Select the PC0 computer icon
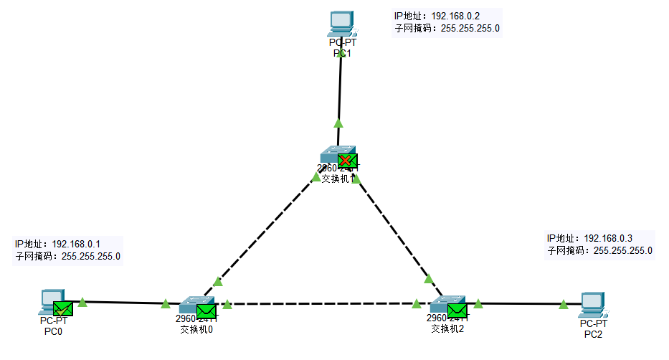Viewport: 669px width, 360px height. coord(52,301)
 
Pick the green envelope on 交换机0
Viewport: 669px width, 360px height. coord(207,311)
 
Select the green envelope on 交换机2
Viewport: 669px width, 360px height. coord(457,311)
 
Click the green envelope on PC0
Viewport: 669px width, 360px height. coord(63,309)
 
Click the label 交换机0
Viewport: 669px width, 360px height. coord(196,330)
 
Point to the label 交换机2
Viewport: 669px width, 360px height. coord(447,330)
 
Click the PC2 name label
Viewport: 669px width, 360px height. coord(593,334)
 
